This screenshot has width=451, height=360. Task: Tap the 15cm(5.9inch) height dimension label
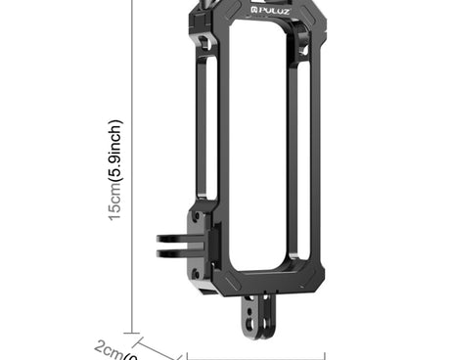(x=115, y=171)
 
